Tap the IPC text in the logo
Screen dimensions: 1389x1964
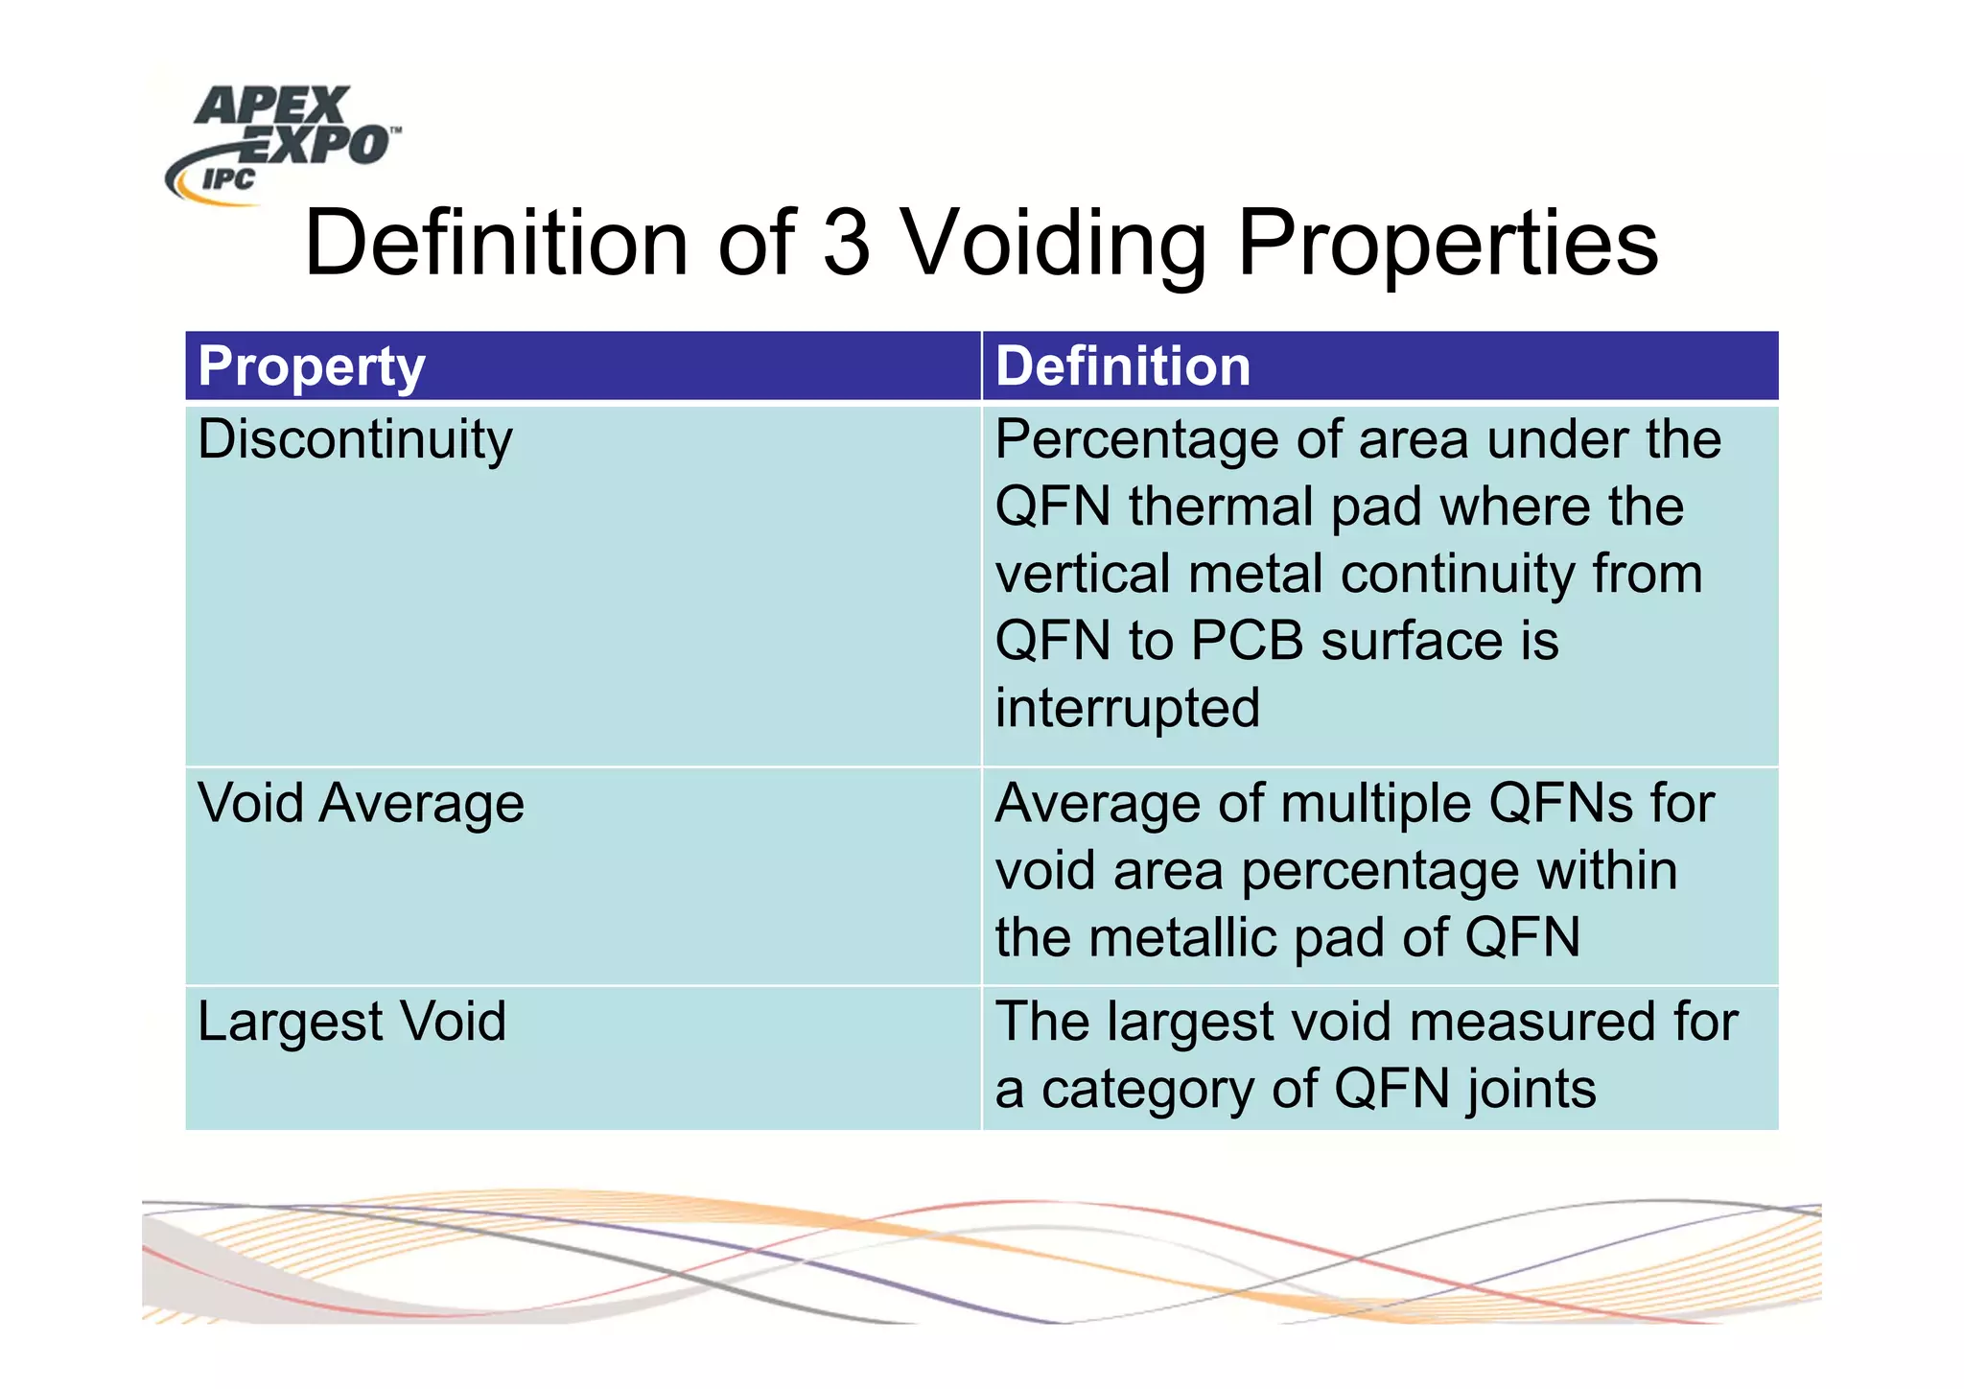[x=228, y=179]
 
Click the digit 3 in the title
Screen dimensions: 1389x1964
[x=846, y=244]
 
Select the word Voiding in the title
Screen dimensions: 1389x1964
[x=1055, y=246]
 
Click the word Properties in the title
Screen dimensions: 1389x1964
[x=1448, y=246]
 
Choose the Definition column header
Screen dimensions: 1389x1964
[x=1123, y=366]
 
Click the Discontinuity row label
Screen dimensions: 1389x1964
[x=355, y=440]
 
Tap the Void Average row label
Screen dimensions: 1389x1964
[x=361, y=804]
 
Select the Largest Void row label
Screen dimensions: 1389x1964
[x=352, y=1022]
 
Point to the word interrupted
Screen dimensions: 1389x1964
[x=1127, y=708]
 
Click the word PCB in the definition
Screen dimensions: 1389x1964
[x=1247, y=641]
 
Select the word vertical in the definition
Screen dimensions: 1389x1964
[x=1082, y=574]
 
